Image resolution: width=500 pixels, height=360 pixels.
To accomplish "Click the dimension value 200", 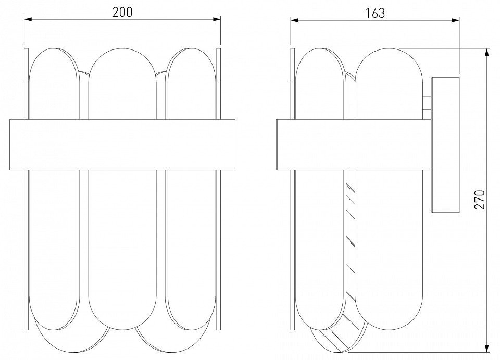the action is click(x=122, y=12).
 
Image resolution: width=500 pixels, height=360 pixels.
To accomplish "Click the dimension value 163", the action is click(x=375, y=13).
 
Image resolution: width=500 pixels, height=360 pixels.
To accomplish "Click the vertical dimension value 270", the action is click(x=479, y=200).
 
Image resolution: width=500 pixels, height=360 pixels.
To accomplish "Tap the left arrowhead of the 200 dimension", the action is click(x=28, y=19).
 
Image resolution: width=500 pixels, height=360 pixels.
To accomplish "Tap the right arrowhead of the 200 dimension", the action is click(x=217, y=19).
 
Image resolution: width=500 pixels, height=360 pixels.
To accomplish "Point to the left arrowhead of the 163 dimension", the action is click(x=294, y=20).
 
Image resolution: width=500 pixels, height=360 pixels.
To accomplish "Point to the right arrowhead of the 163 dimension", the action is click(x=455, y=20).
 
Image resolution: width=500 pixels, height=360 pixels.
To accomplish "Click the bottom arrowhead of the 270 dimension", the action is click(x=487, y=349).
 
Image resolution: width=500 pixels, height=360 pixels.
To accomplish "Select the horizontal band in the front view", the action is click(x=122, y=145).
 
